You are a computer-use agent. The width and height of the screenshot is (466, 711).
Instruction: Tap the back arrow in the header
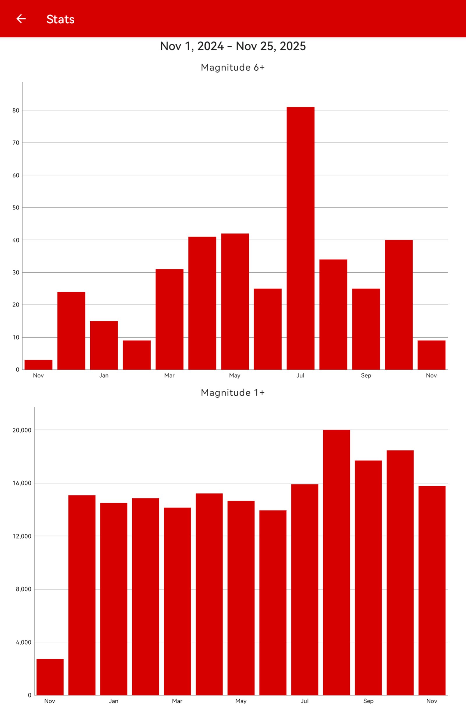pyautogui.click(x=21, y=19)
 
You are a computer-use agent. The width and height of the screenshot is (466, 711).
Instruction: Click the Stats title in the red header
pyautogui.click(x=60, y=20)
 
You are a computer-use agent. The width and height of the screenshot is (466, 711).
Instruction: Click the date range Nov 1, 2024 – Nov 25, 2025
pyautogui.click(x=233, y=46)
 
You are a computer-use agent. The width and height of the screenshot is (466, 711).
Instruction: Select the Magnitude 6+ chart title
pyautogui.click(x=233, y=68)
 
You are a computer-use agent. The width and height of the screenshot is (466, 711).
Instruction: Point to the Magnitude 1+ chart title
pyautogui.click(x=233, y=393)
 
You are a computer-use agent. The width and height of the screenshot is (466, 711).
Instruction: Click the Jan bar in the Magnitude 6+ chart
pyautogui.click(x=104, y=345)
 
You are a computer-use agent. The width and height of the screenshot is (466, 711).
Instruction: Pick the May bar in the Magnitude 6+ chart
pyautogui.click(x=235, y=302)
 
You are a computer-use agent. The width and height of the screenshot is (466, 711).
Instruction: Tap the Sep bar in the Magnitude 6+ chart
pyautogui.click(x=366, y=329)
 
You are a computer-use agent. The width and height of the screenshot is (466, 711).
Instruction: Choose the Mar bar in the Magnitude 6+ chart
pyautogui.click(x=169, y=320)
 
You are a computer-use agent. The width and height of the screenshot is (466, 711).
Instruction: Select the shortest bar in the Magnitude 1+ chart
pyautogui.click(x=50, y=677)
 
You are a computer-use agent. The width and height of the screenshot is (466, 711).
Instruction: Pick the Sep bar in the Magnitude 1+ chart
pyautogui.click(x=368, y=578)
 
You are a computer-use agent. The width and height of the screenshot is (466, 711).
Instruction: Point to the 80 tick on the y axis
pyautogui.click(x=16, y=110)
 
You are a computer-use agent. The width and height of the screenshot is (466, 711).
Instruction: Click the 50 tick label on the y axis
pyautogui.click(x=16, y=208)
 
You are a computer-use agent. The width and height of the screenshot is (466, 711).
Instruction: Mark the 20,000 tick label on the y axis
pyautogui.click(x=22, y=430)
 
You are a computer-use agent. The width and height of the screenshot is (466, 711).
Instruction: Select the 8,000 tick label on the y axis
pyautogui.click(x=23, y=589)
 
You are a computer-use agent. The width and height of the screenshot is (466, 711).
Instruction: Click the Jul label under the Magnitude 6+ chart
pyautogui.click(x=300, y=376)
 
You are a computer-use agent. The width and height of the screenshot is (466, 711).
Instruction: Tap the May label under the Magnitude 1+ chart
pyautogui.click(x=241, y=701)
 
